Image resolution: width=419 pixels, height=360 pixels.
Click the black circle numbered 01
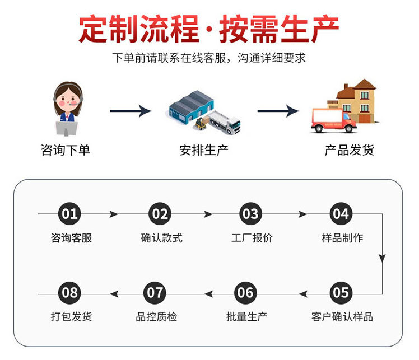pos(70,214)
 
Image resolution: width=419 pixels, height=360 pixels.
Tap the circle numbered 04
pos(341,214)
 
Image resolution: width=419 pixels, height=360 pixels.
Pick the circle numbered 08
pos(70,292)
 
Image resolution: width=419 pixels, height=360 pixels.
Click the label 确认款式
pos(161,238)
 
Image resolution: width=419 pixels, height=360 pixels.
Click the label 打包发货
pos(71,316)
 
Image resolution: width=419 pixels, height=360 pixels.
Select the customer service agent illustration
pos(68,109)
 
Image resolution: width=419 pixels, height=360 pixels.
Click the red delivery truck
pos(334,120)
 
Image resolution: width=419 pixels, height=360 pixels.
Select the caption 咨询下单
pos(66,150)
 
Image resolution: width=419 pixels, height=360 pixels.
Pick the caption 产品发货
pos(349,150)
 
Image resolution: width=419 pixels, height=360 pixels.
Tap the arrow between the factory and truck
pos(278,111)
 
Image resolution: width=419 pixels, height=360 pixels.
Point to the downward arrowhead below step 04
pos(382,258)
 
